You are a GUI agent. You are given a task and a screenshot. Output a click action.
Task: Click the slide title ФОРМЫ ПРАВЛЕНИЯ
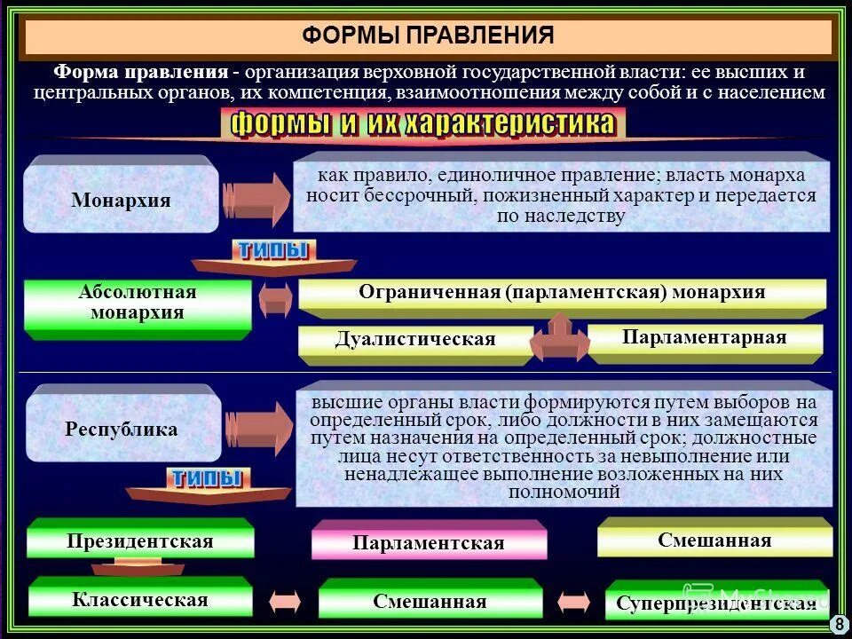(x=428, y=35)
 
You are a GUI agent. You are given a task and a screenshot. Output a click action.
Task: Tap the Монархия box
(x=121, y=200)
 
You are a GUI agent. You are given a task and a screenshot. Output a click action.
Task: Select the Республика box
(x=122, y=430)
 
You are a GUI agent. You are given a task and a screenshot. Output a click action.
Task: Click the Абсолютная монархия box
(x=138, y=304)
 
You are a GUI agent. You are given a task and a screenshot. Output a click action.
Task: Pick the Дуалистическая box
(x=415, y=340)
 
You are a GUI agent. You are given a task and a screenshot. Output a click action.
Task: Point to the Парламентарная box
(x=704, y=338)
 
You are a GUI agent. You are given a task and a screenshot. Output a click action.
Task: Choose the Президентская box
(x=140, y=541)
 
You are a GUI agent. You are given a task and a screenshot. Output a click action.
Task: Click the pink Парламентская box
(x=428, y=543)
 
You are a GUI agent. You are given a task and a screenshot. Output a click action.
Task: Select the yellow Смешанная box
(x=714, y=540)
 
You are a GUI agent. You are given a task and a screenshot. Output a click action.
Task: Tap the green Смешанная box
(x=430, y=601)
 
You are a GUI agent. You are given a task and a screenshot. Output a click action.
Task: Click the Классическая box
(x=140, y=600)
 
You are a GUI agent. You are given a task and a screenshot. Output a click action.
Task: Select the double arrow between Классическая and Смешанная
(x=286, y=602)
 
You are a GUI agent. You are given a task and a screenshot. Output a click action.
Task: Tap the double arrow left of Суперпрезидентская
(x=574, y=602)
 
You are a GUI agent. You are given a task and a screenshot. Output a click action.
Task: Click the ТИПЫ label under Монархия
(x=272, y=251)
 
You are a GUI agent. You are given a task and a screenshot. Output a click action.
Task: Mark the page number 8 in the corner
(x=838, y=625)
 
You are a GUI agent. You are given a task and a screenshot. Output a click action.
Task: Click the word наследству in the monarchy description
(x=574, y=216)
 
